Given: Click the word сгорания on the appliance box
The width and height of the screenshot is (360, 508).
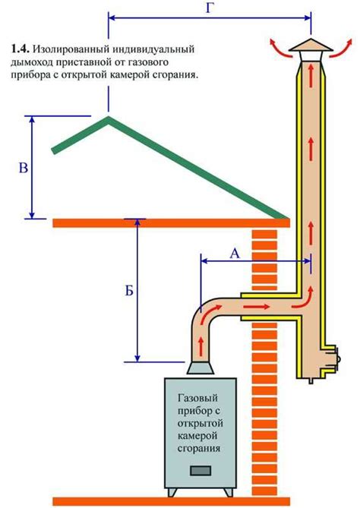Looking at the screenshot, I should [201, 449].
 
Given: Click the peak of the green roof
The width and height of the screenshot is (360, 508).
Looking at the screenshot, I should [109, 118].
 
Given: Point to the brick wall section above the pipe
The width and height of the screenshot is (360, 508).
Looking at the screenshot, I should [266, 258].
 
